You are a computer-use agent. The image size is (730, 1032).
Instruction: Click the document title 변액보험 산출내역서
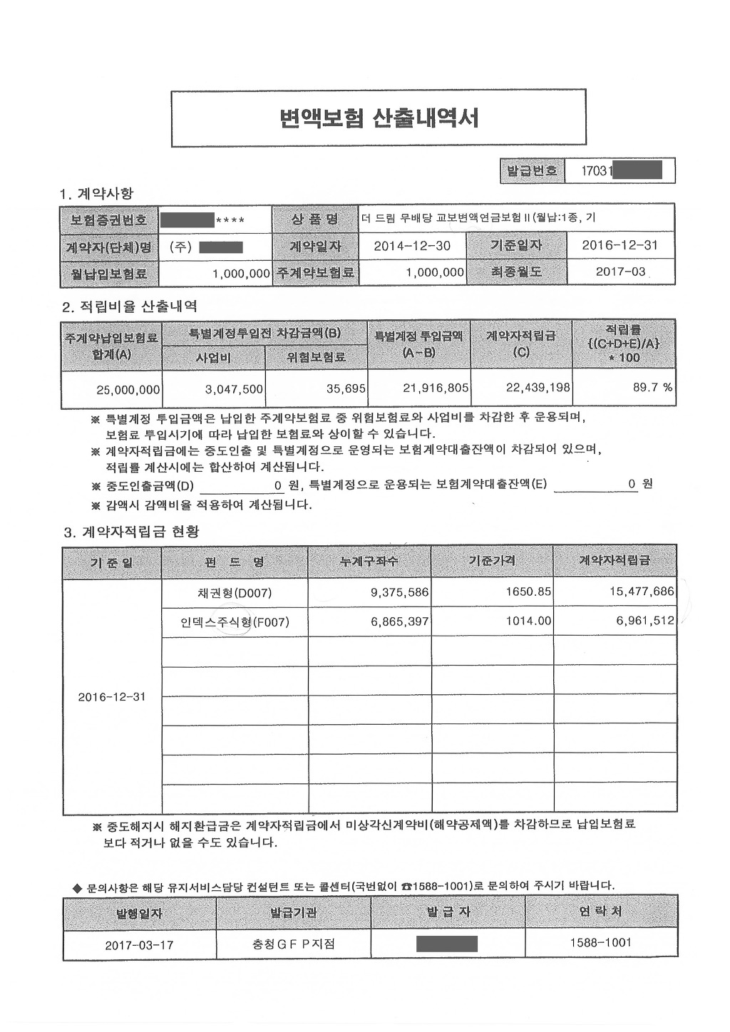[x=379, y=118]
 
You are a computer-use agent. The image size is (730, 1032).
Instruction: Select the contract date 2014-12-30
[x=412, y=246]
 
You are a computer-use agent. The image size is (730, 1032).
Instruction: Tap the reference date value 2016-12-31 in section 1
[x=620, y=245]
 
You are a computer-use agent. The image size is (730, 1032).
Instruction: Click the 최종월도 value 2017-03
[x=620, y=272]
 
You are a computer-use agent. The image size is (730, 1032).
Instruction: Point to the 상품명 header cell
[x=314, y=219]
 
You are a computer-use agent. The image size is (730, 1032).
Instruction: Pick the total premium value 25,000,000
[x=128, y=389]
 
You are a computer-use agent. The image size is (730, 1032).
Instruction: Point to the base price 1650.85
[x=528, y=592]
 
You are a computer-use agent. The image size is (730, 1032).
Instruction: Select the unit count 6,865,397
[x=399, y=621]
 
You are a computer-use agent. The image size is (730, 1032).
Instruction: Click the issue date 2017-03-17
[x=139, y=945]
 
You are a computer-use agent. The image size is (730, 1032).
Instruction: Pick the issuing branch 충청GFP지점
[x=293, y=944]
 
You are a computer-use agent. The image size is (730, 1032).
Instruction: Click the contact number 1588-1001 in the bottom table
[x=600, y=942]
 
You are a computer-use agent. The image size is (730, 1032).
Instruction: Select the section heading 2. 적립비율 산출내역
[x=130, y=306]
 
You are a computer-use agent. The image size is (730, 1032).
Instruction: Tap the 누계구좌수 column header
[x=369, y=562]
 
